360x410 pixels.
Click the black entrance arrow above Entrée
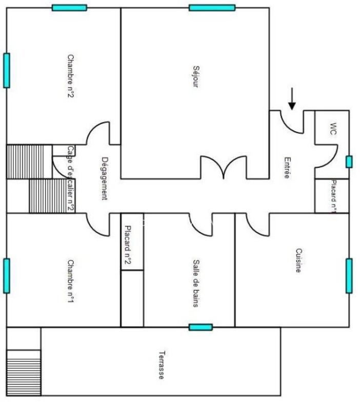292,99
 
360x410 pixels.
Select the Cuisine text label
298,260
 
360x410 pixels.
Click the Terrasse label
162,364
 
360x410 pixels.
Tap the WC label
333,129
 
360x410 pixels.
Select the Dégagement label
105,178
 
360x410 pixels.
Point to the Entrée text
287,167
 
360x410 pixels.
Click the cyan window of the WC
349,162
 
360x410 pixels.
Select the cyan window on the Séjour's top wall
212,8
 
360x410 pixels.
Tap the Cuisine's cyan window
349,276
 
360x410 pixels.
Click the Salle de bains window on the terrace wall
200,327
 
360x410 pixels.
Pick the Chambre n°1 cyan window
6,276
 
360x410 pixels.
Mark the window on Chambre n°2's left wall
6,70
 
